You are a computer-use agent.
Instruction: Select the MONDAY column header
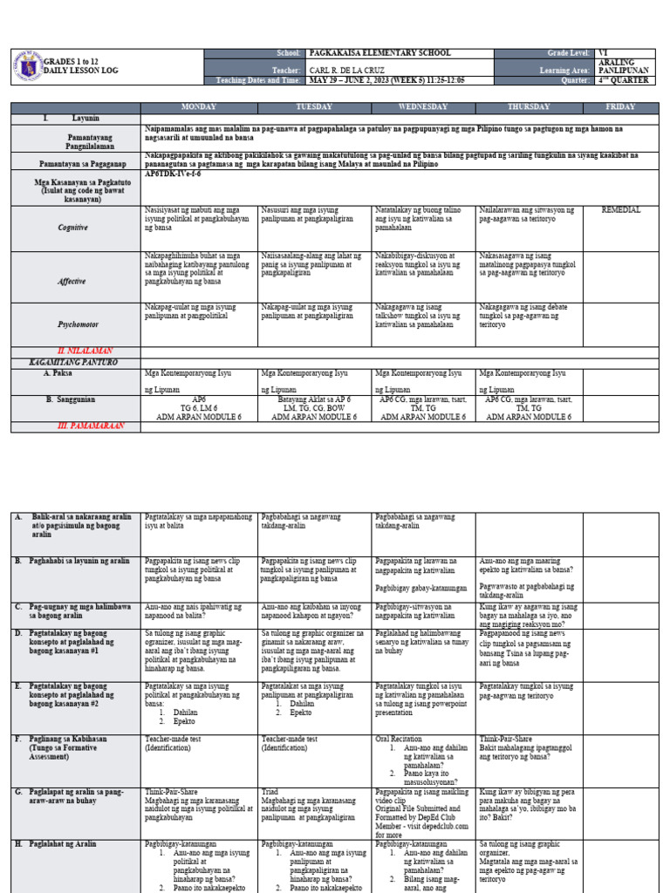198,106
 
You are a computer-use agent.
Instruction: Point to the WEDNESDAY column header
423,106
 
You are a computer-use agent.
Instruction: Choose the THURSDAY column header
528,106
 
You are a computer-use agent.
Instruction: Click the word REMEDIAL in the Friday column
621,210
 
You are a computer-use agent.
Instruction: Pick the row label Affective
73,282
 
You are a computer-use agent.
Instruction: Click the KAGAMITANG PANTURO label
75,361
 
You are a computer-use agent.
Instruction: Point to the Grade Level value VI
602,53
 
